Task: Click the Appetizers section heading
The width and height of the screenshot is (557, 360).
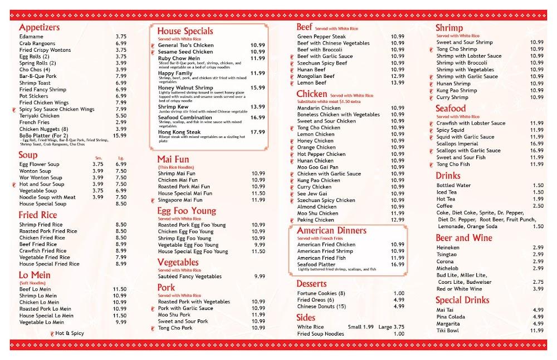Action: pyautogui.click(x=39, y=27)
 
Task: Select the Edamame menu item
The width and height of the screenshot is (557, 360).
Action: pyautogui.click(x=31, y=37)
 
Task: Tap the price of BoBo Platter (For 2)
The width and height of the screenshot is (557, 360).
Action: pyautogui.click(x=120, y=135)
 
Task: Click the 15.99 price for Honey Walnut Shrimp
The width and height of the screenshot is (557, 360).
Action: pyautogui.click(x=257, y=87)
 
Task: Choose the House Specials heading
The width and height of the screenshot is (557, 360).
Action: pyautogui.click(x=185, y=31)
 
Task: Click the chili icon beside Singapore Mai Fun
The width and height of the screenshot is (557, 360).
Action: pyautogui.click(x=152, y=200)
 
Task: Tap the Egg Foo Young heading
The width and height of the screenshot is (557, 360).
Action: pyautogui.click(x=186, y=211)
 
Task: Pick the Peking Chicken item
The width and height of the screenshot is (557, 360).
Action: pyautogui.click(x=315, y=220)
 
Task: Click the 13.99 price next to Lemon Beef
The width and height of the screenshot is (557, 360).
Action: pyautogui.click(x=398, y=82)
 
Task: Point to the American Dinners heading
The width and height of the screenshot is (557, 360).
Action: pyautogui.click(x=331, y=230)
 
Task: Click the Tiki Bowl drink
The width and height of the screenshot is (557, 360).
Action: pyautogui.click(x=449, y=331)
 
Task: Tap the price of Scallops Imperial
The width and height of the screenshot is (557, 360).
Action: pyautogui.click(x=537, y=144)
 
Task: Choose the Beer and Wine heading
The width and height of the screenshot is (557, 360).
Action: pyautogui.click(x=463, y=238)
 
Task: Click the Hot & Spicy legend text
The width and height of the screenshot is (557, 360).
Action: pyautogui.click(x=70, y=333)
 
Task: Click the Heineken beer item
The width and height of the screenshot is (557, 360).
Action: pyautogui.click(x=448, y=248)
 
